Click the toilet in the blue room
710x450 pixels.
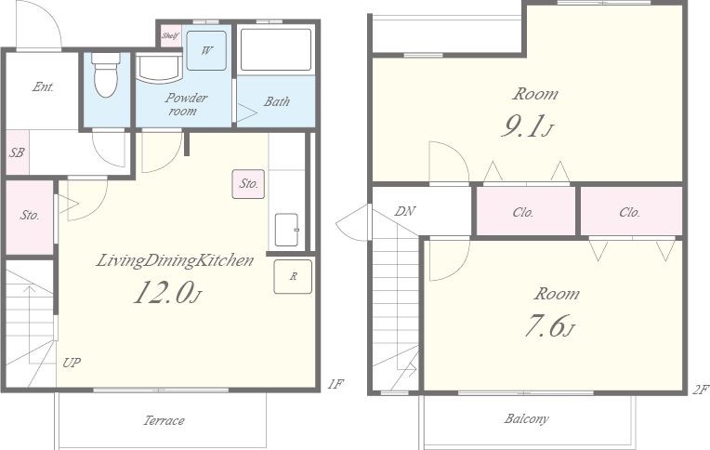(x=106, y=74)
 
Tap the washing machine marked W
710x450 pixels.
(x=206, y=50)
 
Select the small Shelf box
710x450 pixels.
(x=171, y=36)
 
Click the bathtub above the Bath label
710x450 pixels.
(x=276, y=49)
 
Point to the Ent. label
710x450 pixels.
(x=44, y=86)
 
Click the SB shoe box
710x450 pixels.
(x=18, y=152)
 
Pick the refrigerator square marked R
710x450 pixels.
(x=293, y=276)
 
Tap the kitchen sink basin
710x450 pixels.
(x=286, y=230)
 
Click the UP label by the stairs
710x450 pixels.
(x=72, y=363)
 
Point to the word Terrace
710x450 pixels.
(x=164, y=420)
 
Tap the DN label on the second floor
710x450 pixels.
(x=405, y=211)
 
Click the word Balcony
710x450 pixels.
(x=527, y=418)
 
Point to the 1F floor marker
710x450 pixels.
(x=335, y=384)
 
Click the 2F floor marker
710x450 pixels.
(x=700, y=390)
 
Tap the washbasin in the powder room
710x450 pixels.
(x=159, y=69)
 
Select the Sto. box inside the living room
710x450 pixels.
(x=248, y=184)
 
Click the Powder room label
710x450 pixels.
(x=186, y=104)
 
